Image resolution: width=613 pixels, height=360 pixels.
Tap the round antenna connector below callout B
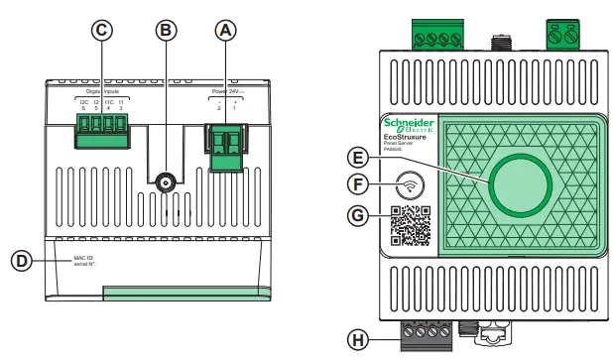tap(165, 183)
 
